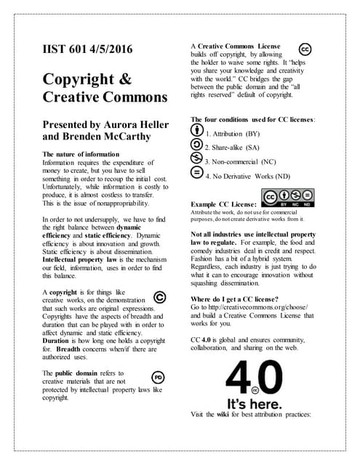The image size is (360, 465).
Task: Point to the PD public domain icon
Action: coord(157,376)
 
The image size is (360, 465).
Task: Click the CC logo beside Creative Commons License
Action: coord(306,49)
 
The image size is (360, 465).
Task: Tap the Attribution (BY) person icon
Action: coord(196,132)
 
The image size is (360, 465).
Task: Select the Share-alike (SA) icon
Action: coord(196,146)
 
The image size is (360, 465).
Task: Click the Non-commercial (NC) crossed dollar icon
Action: coord(196,160)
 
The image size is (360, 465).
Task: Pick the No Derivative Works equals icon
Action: coord(196,174)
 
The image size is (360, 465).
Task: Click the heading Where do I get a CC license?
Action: coord(236,299)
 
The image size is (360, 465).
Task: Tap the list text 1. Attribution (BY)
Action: coord(233,134)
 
